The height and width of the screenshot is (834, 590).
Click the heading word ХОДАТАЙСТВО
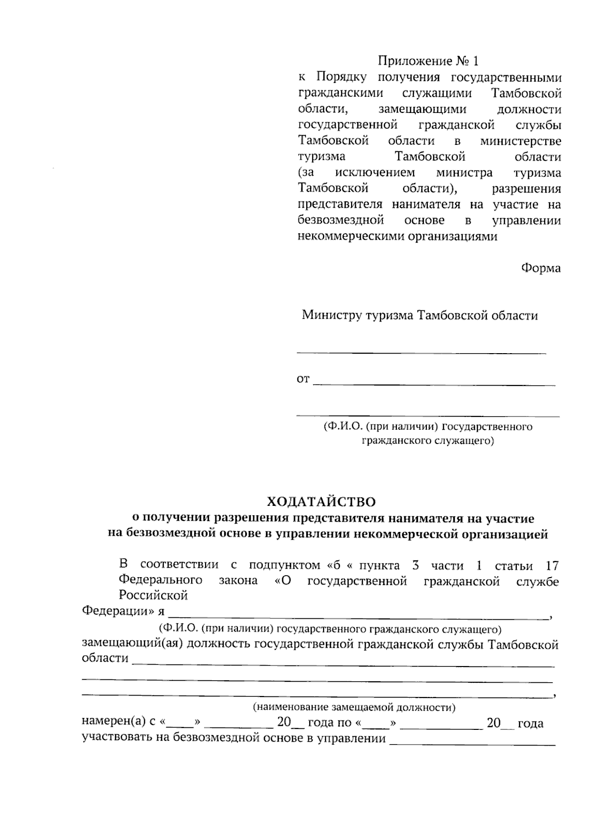tap(321, 502)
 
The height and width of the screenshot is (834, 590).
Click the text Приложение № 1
tap(427, 61)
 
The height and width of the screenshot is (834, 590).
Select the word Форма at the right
tap(540, 269)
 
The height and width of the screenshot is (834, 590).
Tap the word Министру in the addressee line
tap(331, 315)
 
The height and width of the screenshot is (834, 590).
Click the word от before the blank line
tap(303, 380)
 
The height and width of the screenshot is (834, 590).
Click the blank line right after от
tap(434, 384)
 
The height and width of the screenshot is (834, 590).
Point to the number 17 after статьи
tap(552, 566)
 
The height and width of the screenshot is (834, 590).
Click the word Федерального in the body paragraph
tap(160, 580)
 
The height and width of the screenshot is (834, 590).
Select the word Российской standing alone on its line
tap(153, 596)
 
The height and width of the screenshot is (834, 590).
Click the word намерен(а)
tap(114, 723)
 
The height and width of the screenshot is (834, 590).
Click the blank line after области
tap(343, 665)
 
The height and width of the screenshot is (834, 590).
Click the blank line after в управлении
tap(472, 744)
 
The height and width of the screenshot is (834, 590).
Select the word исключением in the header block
tap(375, 173)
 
